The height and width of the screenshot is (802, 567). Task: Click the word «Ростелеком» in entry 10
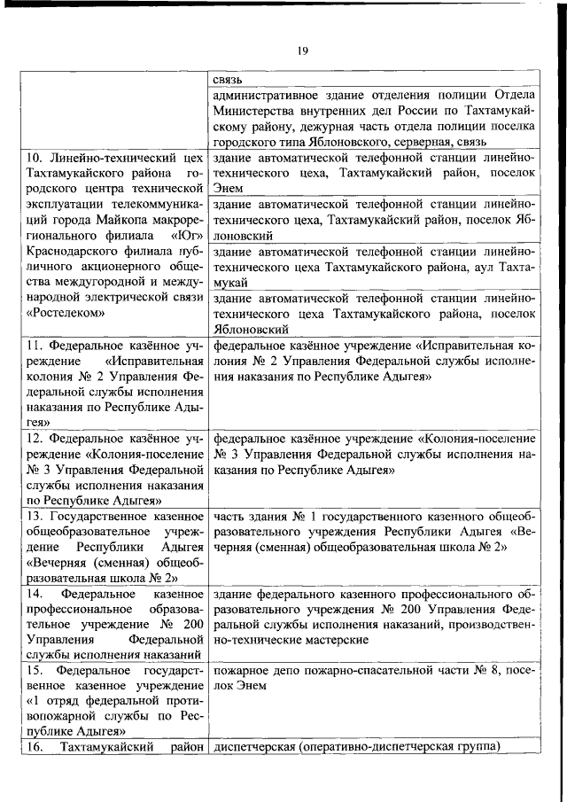coord(66,312)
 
